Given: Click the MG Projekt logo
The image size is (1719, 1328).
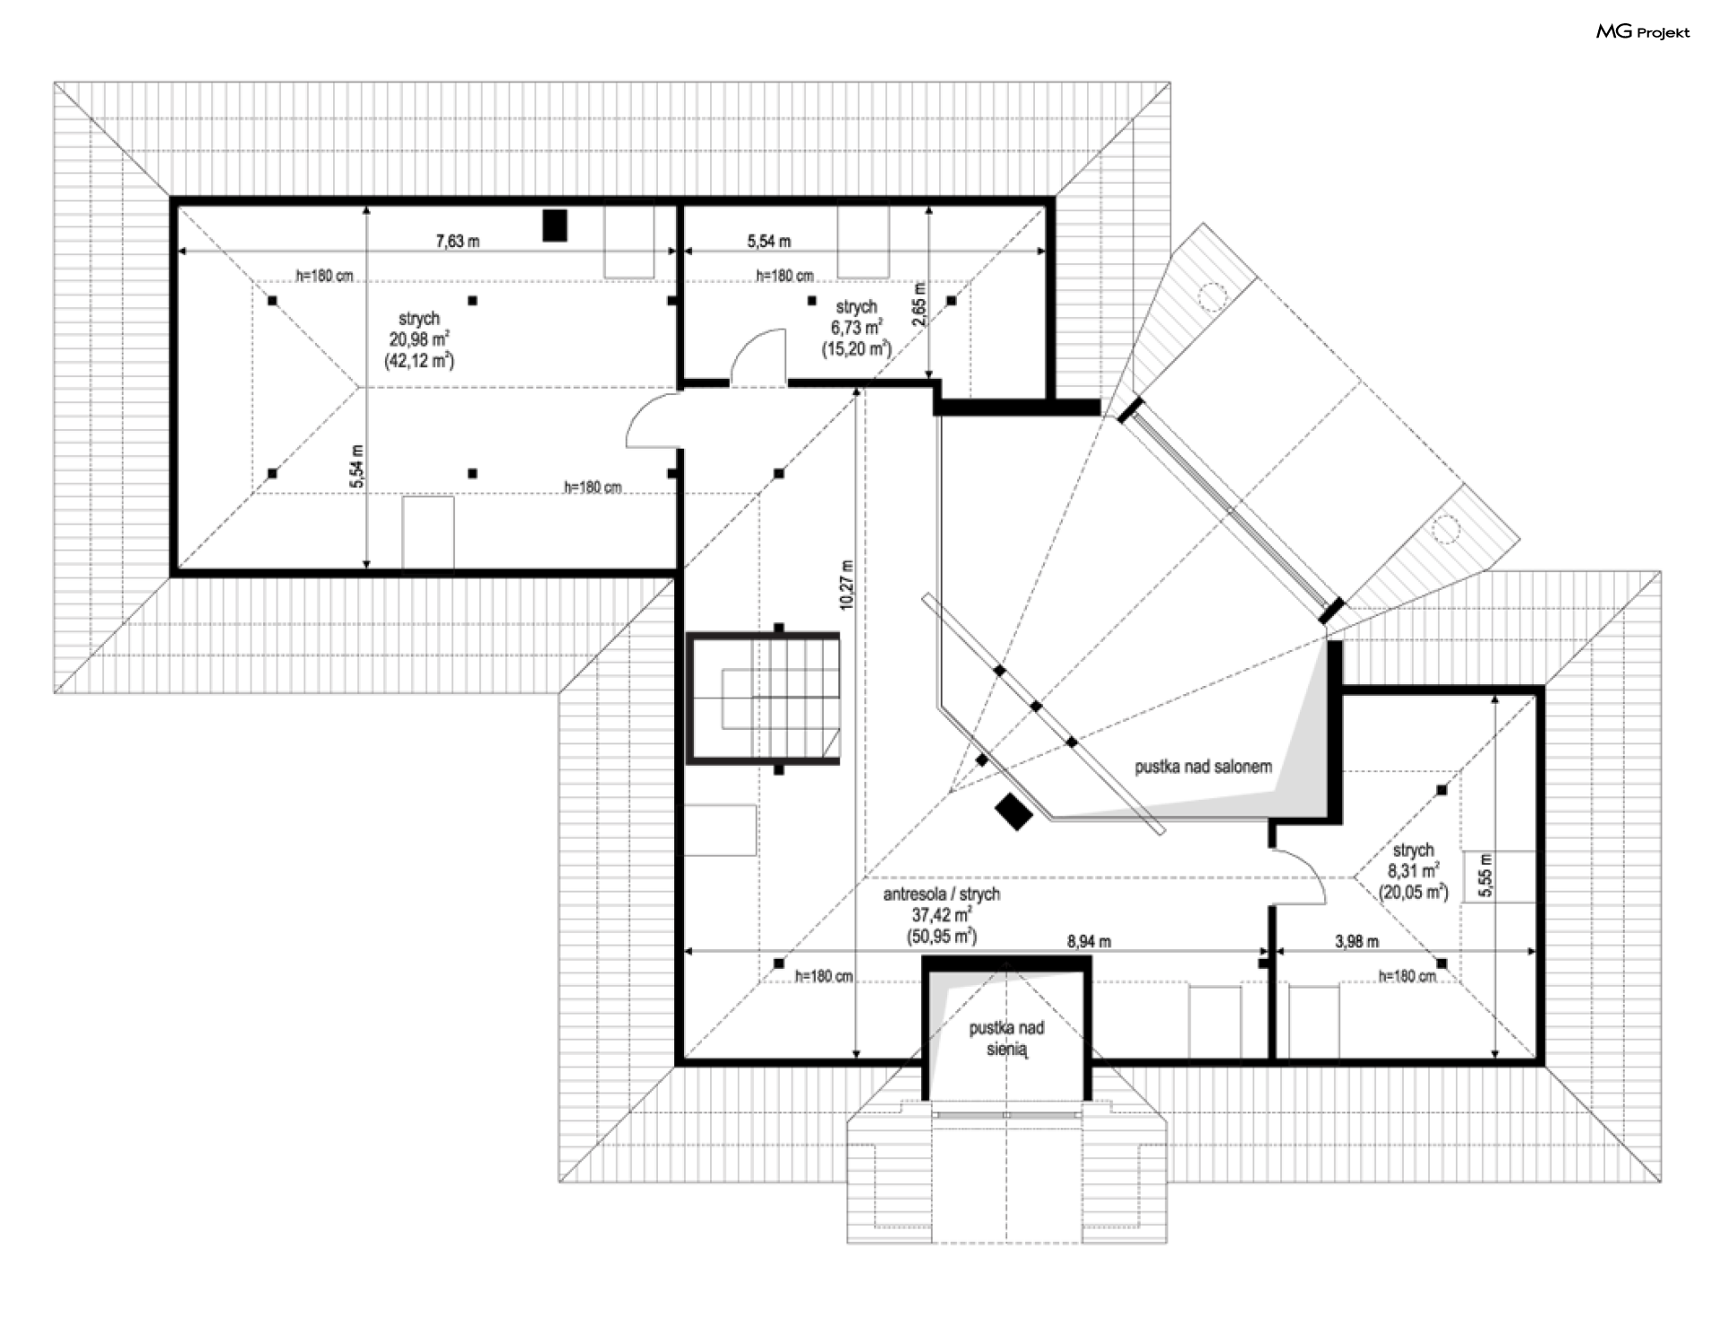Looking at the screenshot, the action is pos(1643,32).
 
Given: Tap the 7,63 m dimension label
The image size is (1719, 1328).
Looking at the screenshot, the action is pos(457,240).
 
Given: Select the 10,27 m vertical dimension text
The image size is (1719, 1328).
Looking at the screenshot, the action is pos(847,586).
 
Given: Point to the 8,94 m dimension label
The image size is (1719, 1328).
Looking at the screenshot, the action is pos(1089,941).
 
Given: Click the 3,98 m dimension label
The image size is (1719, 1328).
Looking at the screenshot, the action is pos(1357,941).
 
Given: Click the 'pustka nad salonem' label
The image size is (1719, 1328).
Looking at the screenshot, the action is pos(1203,767).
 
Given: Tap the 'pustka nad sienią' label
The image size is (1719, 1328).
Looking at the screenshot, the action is pos(1006,1039).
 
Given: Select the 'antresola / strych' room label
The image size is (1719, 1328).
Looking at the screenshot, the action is pos(941,894).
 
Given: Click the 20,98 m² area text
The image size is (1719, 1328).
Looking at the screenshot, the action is pos(418,339).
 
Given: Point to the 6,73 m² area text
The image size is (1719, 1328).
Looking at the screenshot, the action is pos(856,328).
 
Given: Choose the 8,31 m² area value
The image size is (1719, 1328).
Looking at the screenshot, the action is pos(1413,870).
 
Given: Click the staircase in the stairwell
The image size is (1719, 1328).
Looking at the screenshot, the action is pos(764,698).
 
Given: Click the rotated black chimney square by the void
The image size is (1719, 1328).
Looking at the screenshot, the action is pos(1014,812).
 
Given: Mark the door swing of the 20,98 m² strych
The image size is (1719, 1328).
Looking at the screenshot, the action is pos(654,420).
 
